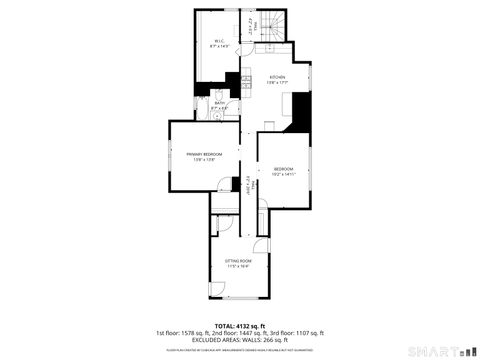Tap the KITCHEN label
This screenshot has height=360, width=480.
(x=276, y=77)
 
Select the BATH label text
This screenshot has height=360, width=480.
(x=219, y=101)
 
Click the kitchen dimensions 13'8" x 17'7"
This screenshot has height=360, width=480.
(x=276, y=83)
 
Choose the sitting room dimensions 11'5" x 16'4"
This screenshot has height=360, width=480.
(x=237, y=266)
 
